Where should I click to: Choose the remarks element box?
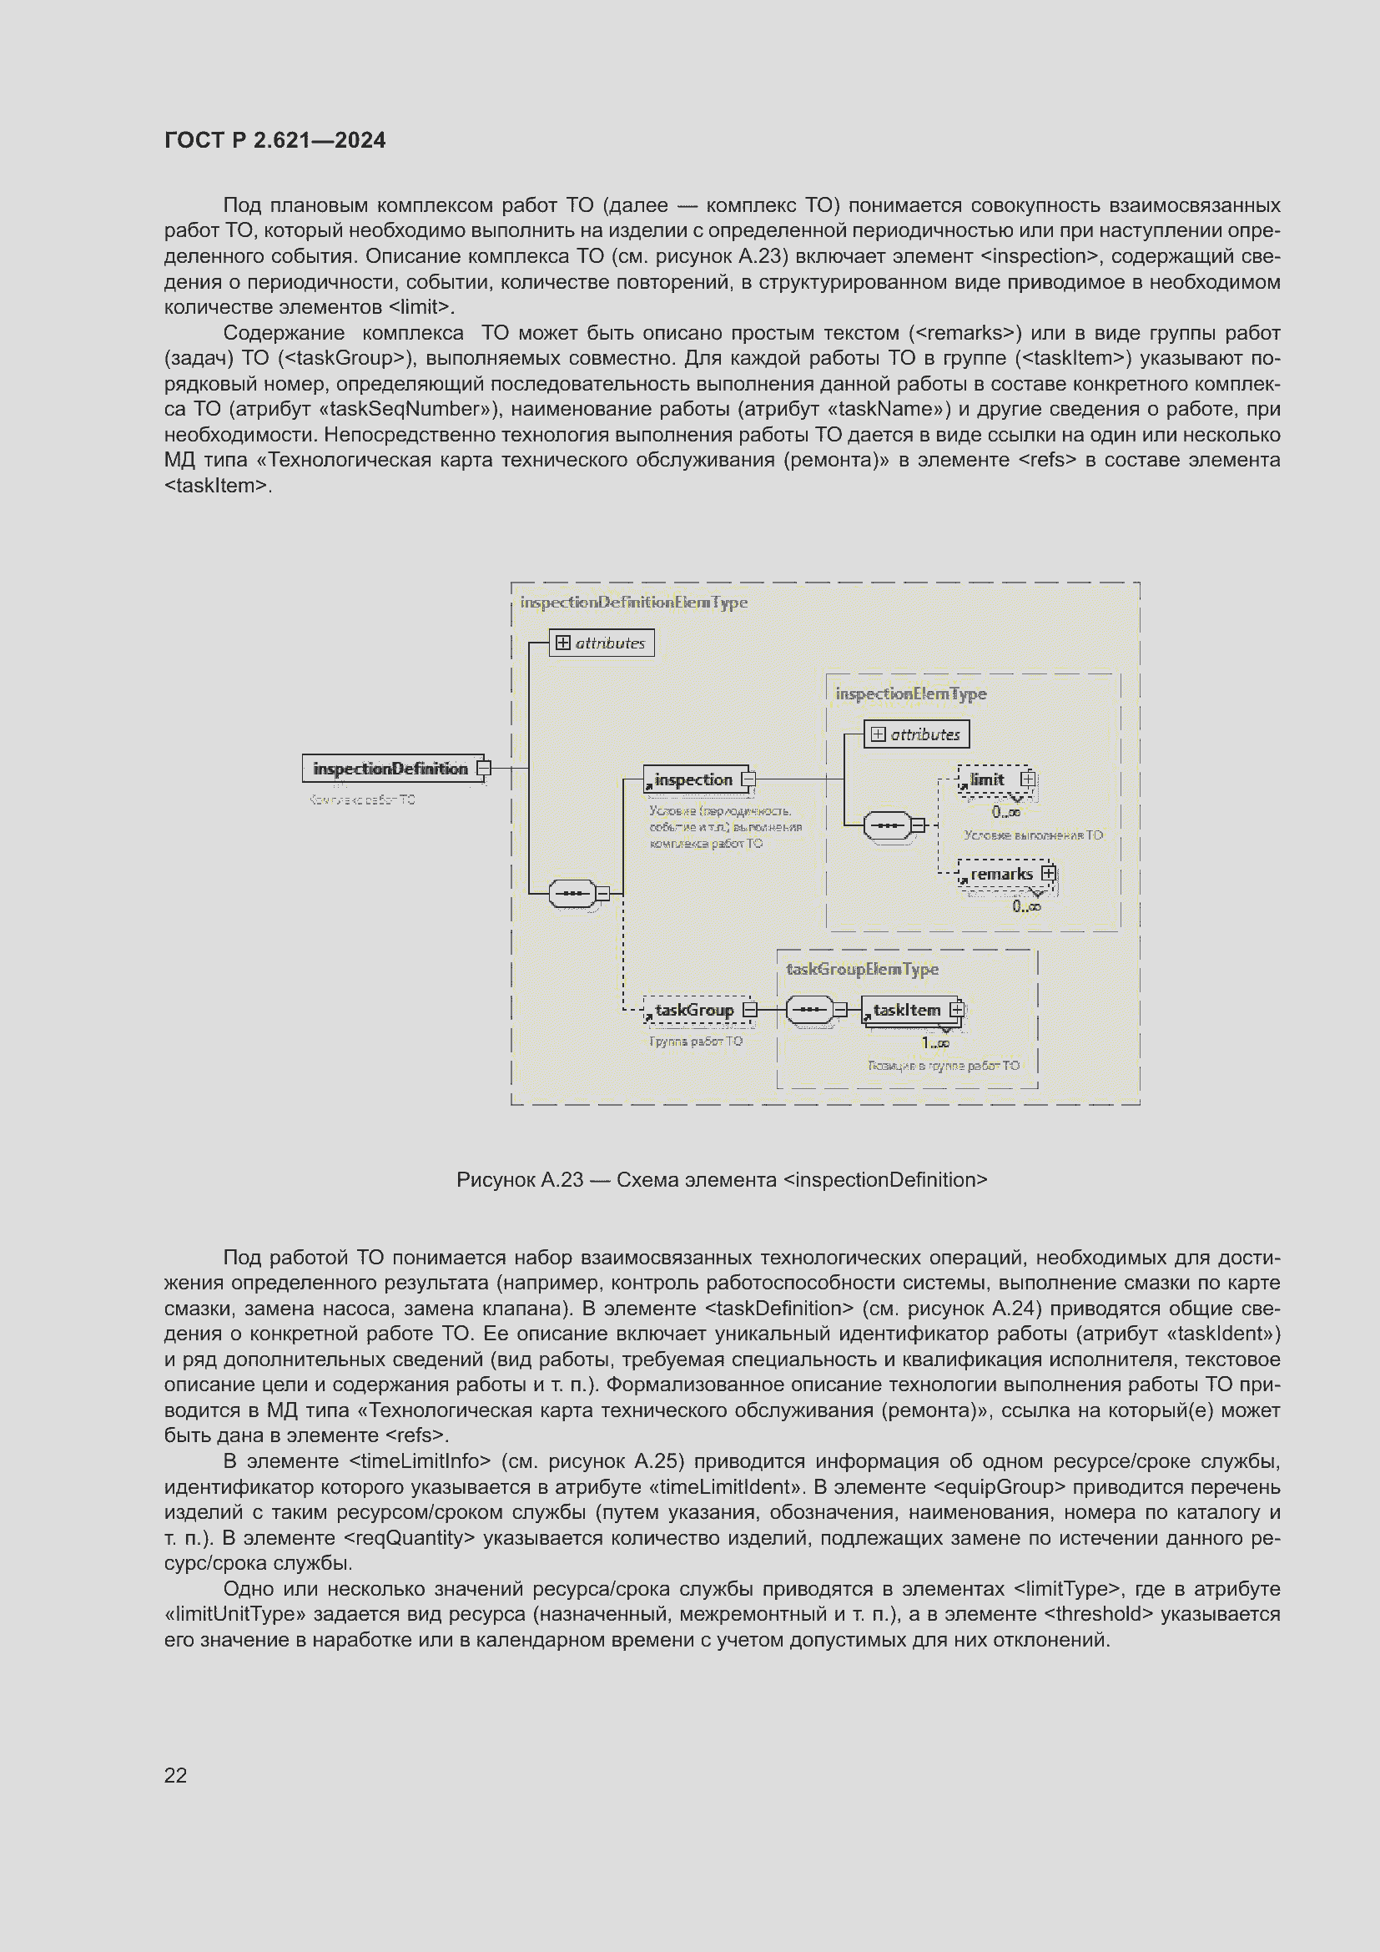point(1002,874)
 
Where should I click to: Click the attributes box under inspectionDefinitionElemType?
point(602,643)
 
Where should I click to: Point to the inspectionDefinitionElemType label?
point(634,603)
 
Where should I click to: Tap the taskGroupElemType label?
point(863,969)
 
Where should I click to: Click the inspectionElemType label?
point(911,694)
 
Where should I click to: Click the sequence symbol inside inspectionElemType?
point(887,825)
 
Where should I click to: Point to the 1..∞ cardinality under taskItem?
point(934,1043)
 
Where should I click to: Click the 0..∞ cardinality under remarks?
point(1026,907)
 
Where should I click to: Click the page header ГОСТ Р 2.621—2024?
point(274,140)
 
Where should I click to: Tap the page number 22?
point(175,1775)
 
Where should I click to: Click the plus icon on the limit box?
point(1027,779)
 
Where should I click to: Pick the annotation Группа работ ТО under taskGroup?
point(696,1042)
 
